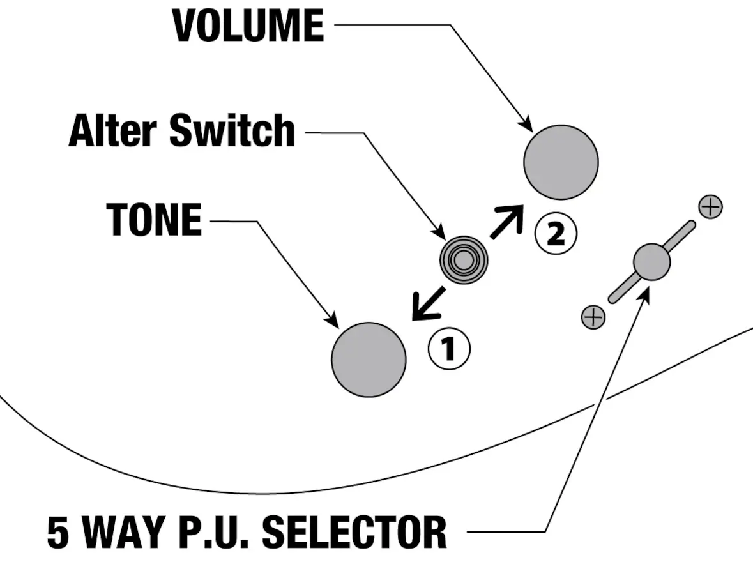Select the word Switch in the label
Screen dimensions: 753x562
coord(232,130)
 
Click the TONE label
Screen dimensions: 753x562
coord(154,219)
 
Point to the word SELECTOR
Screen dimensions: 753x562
coord(354,532)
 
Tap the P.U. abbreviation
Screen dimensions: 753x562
coord(214,532)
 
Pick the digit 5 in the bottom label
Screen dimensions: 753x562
coord(58,532)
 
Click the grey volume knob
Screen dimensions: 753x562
coord(561,162)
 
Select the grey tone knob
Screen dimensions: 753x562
coord(369,360)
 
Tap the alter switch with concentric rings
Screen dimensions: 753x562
coord(464,260)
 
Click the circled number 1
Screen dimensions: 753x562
coord(449,349)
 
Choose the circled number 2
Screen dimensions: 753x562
coord(556,234)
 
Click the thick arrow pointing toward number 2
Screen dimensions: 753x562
coord(506,221)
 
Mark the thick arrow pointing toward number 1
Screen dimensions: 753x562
coord(429,303)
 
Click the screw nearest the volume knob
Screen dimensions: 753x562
coord(711,207)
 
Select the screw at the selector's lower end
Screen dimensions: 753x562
coord(593,317)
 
